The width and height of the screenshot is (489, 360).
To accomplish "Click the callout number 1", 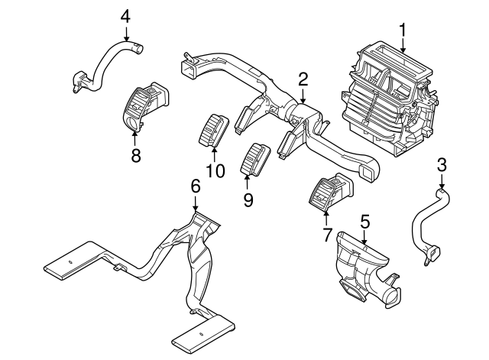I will point(403,31).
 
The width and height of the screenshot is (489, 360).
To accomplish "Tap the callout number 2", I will point(303,79).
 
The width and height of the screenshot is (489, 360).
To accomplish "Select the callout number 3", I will point(442,164).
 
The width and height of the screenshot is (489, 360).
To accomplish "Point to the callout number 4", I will point(125,15).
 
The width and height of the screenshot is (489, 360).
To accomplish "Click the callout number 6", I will point(195,186).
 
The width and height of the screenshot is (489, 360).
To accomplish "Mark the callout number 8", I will point(136,156).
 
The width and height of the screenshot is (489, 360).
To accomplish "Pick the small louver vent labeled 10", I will point(213,128).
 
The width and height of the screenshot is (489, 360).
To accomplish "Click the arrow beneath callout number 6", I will point(196,203).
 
